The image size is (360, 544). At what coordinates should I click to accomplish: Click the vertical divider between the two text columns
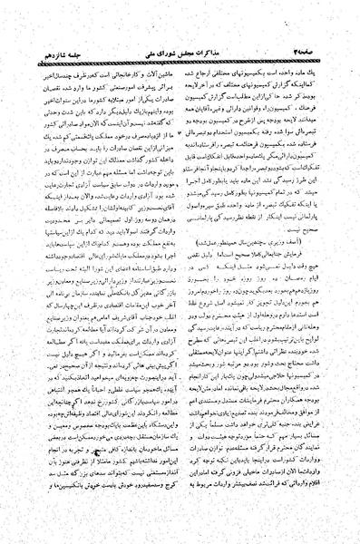(x=182, y=272)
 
